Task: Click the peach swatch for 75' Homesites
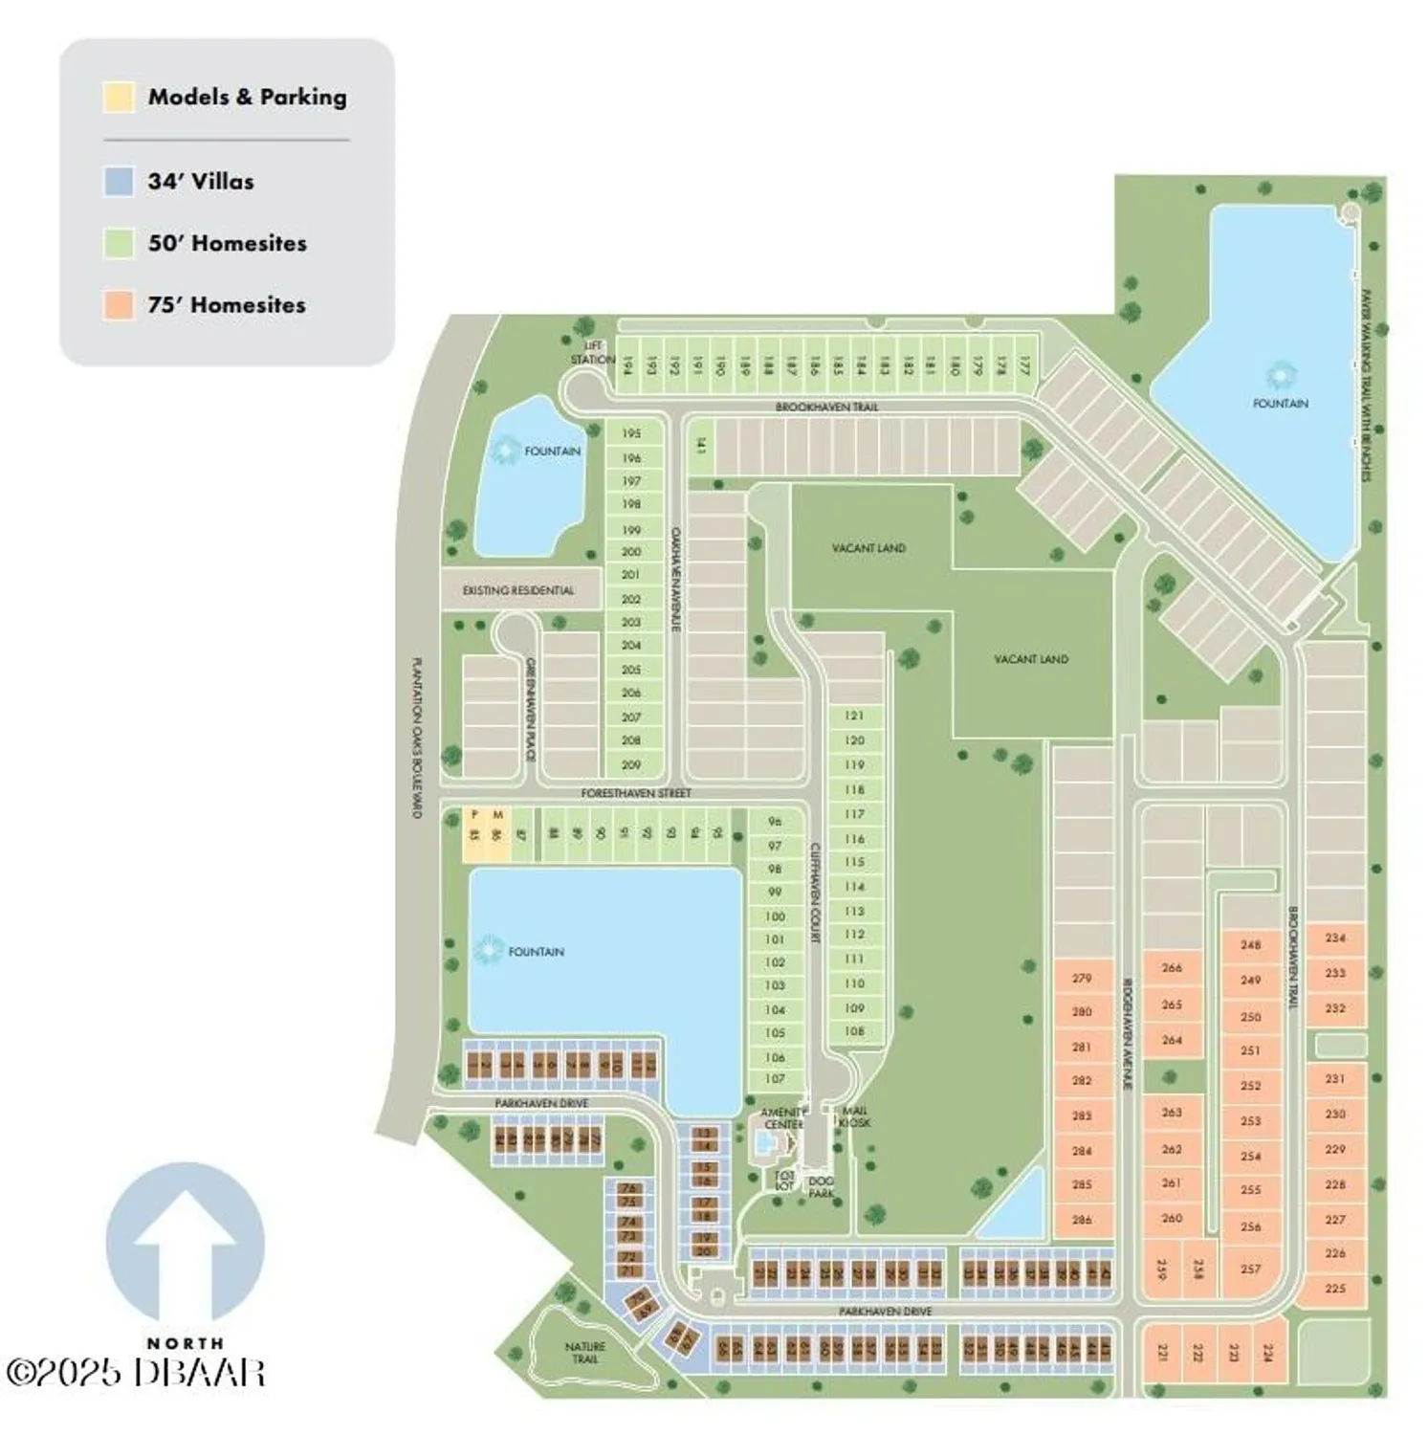coord(119,305)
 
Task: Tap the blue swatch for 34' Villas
coord(119,182)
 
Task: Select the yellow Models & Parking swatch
coord(119,98)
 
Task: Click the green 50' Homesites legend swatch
coord(119,243)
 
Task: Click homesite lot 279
coord(1082,979)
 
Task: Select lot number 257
coord(1250,1269)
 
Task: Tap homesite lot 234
coord(1335,938)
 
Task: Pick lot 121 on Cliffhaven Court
coord(854,716)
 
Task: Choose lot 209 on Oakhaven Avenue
coord(631,764)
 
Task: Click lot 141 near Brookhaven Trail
coord(701,446)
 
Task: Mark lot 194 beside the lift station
coord(627,365)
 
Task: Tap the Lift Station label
coord(593,353)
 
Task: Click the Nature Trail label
coord(584,1353)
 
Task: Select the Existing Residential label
coord(518,591)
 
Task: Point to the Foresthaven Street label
coord(636,793)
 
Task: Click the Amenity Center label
coord(782,1118)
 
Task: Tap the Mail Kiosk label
coord(854,1117)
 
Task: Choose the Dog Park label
coord(821,1187)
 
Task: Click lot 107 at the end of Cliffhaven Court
coord(775,1079)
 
